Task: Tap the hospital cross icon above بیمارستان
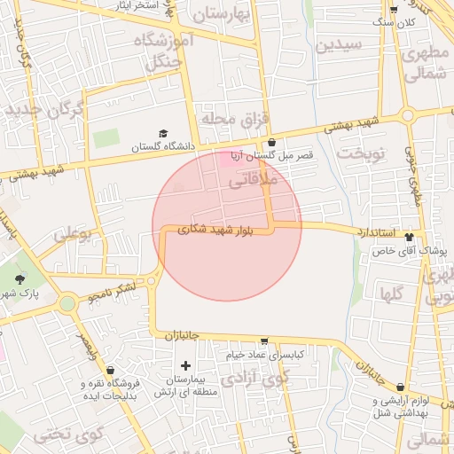coord(185,365)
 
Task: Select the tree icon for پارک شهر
coord(20,279)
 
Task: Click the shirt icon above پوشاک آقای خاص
coord(409,237)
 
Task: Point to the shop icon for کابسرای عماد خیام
coord(263,341)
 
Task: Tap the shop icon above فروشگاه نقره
coord(110,370)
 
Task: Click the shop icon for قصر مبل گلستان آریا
coord(271,141)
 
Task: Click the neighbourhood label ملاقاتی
coord(254,181)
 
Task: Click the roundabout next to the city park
coord(67,304)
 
